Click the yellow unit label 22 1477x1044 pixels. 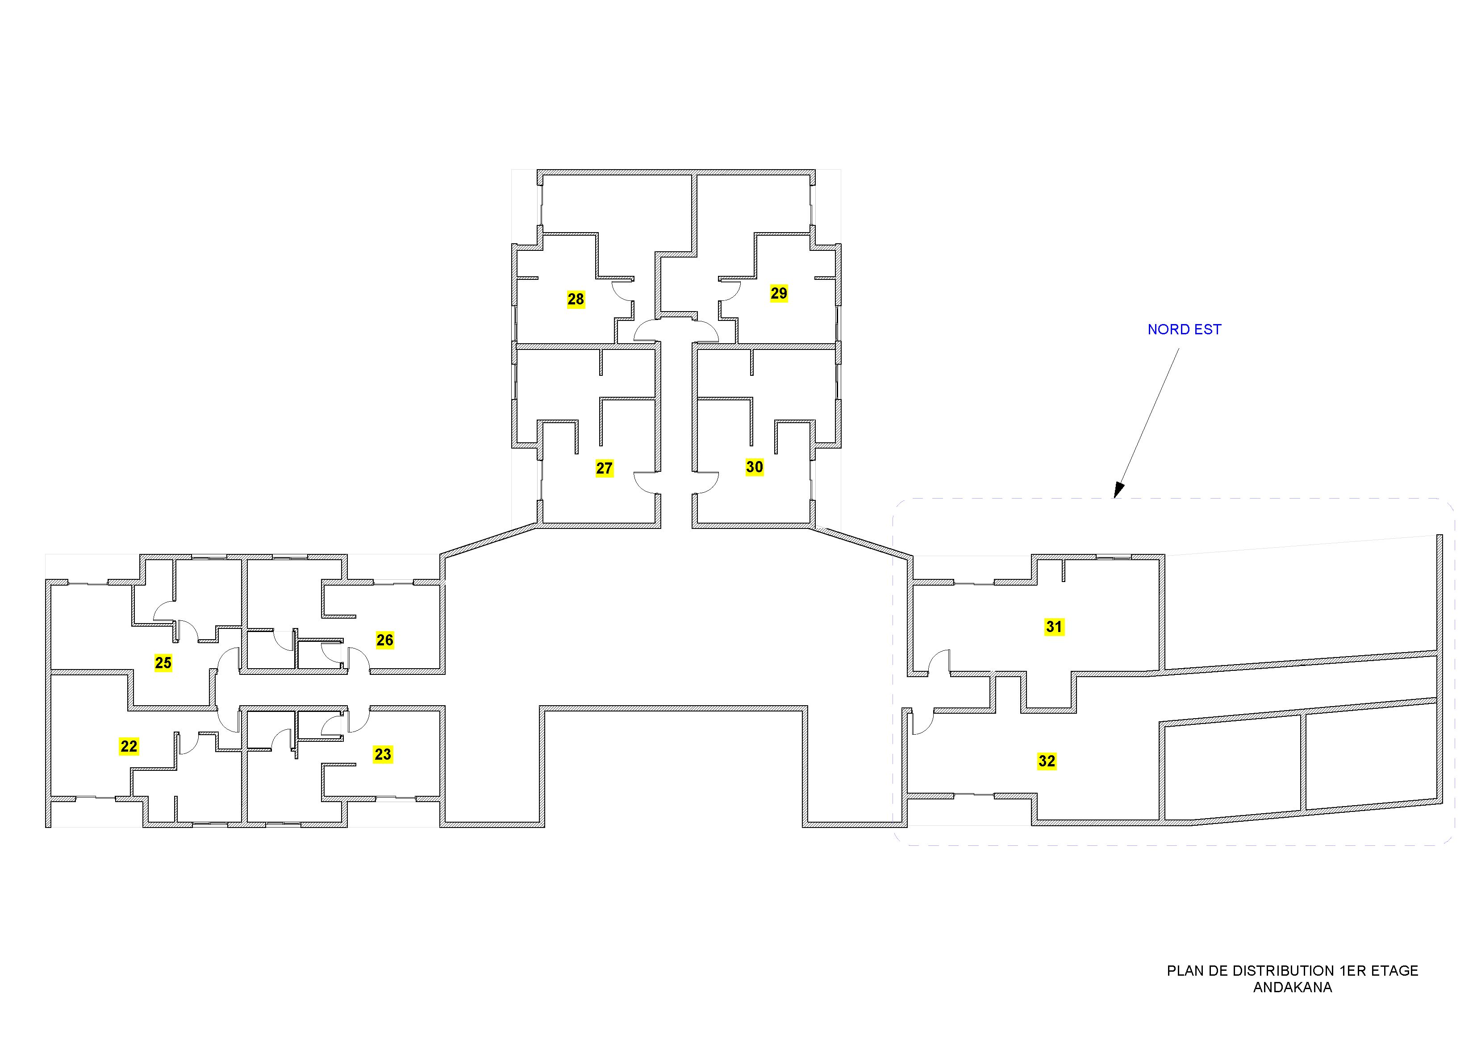[129, 746]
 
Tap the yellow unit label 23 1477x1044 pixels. [383, 754]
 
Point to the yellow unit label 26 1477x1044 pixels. [385, 640]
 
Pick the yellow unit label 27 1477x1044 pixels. [604, 468]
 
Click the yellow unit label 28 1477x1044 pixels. [576, 299]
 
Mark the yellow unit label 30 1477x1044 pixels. [755, 467]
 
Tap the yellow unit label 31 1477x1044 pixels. [1054, 627]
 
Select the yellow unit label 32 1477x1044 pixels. [1047, 761]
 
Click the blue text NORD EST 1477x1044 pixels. [1184, 329]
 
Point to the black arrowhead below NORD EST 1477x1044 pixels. [1118, 490]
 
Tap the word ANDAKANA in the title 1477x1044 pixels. [1292, 987]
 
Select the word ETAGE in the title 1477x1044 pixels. [1395, 971]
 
